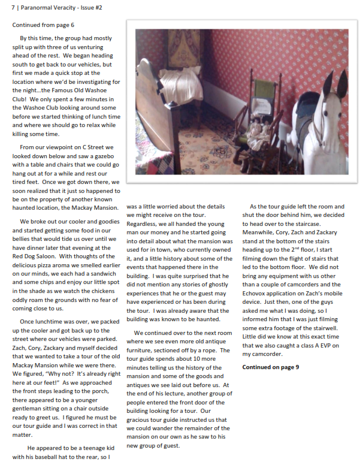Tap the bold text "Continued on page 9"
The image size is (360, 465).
click(271, 367)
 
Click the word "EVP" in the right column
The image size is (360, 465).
click(323, 346)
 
